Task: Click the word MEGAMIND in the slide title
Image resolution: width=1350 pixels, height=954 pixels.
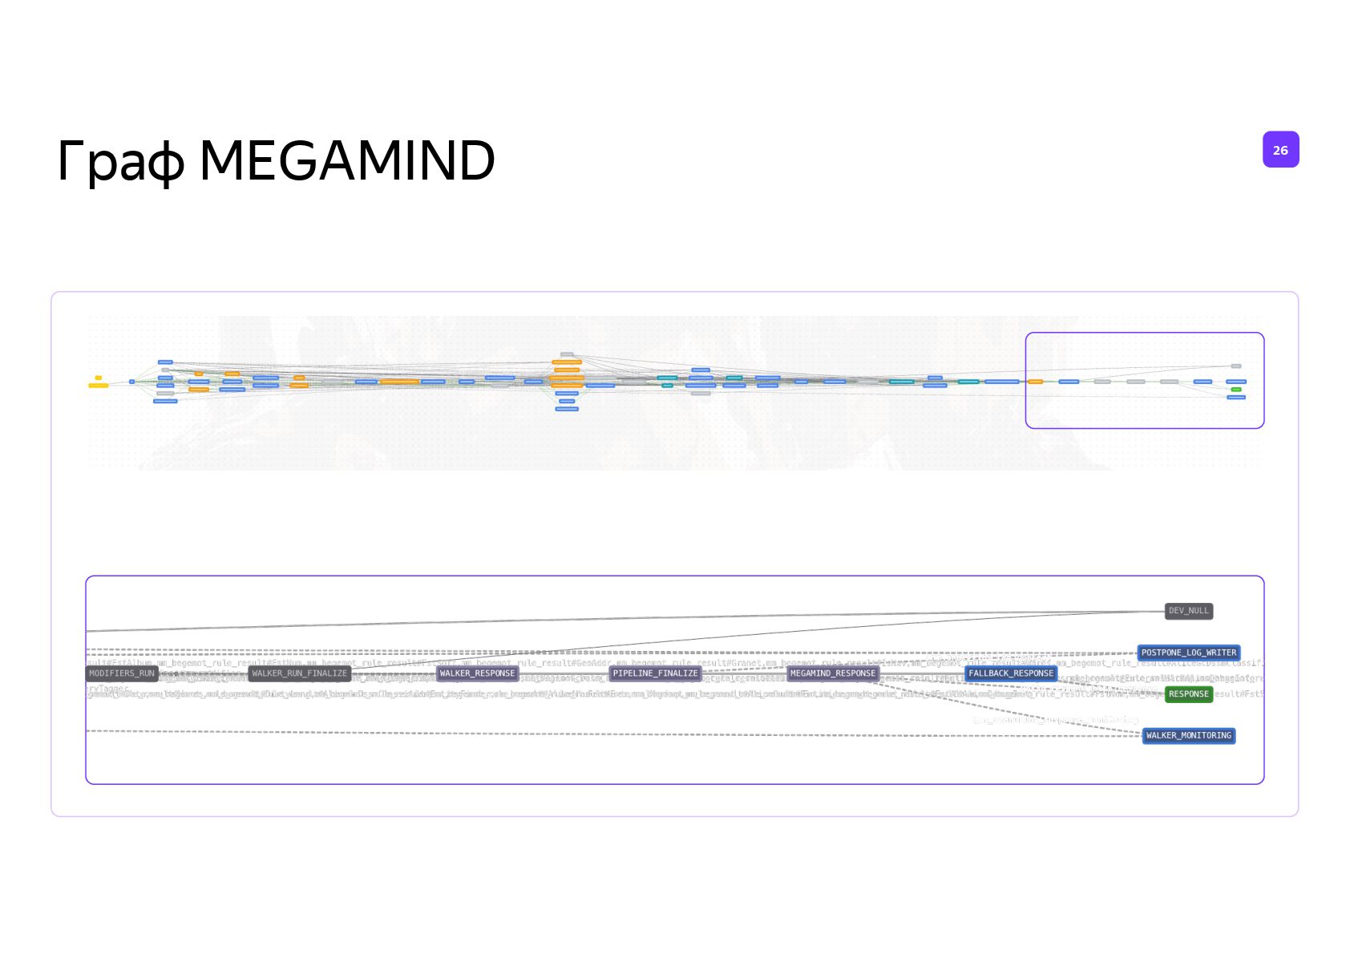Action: tap(346, 160)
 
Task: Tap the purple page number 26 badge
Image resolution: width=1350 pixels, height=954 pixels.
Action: tap(1280, 150)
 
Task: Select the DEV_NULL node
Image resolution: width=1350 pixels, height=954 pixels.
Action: tap(1188, 611)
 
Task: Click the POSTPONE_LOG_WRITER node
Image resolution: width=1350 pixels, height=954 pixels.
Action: tap(1188, 653)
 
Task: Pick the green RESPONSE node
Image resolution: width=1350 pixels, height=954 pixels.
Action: tap(1188, 694)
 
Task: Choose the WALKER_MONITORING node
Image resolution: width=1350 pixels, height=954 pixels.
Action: tap(1188, 735)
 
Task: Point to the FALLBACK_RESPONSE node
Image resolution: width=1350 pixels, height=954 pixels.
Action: tap(1010, 673)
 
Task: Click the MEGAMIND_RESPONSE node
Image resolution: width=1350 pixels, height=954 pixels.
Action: tap(833, 673)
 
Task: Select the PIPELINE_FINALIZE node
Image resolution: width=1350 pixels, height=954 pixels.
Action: tap(655, 673)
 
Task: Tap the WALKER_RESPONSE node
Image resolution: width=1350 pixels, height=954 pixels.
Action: tap(477, 673)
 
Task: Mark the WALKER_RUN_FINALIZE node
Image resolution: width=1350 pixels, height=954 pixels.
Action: tap(299, 673)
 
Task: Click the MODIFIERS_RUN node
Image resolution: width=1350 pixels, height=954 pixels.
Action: tap(122, 673)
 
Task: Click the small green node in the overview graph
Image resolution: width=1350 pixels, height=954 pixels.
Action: tap(1236, 390)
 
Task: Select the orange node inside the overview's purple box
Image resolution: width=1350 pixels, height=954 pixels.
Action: tap(1035, 382)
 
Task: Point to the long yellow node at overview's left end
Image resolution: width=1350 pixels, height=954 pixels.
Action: tap(98, 386)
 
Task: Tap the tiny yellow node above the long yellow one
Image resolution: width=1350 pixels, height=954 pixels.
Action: tap(99, 378)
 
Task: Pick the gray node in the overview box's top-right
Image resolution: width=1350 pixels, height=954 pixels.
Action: tap(1236, 366)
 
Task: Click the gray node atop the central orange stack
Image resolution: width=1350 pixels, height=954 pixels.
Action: tap(567, 354)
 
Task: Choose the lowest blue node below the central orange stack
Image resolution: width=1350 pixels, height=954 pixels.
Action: tap(567, 409)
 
